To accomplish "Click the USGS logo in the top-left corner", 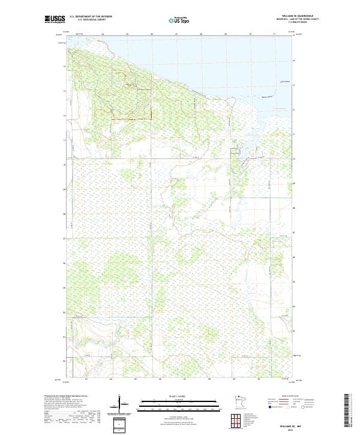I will click(x=55, y=19).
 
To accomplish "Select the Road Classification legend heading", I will click(x=290, y=396).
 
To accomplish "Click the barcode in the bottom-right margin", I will click(x=347, y=409).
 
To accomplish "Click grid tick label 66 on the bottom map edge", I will click(x=160, y=379).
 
